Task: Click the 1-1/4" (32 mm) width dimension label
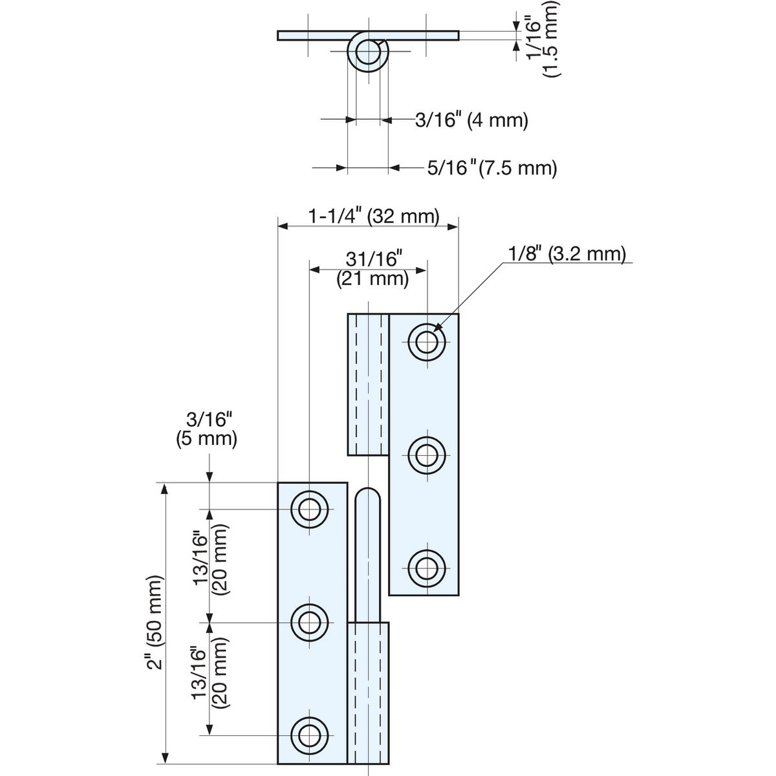point(374,217)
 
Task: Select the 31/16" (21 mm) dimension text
point(373,269)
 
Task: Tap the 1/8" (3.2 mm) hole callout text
point(567,254)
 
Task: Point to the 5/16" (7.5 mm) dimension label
point(492,167)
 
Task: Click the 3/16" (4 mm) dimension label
point(471,120)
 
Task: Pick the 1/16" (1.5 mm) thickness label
point(543,39)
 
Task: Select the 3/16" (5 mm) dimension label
point(206,429)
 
